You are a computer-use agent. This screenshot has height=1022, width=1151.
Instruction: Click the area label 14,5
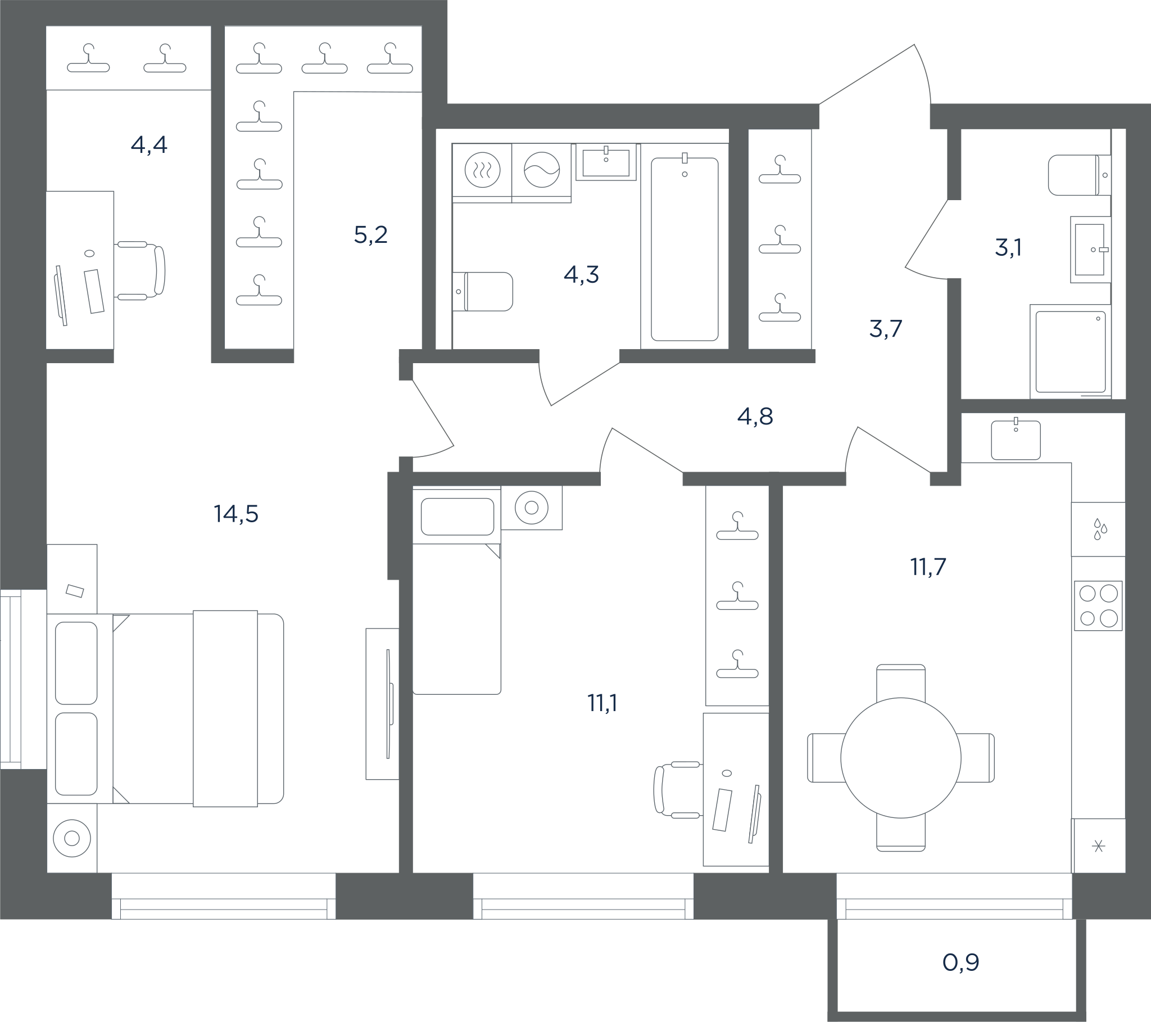236,514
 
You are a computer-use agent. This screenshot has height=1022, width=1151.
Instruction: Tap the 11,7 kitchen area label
928,567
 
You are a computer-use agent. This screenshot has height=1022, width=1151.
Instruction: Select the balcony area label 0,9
960,962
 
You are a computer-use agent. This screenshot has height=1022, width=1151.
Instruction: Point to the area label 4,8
755,417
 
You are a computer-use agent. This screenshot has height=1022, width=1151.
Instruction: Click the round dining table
901,758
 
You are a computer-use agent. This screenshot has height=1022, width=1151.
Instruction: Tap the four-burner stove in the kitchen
1098,605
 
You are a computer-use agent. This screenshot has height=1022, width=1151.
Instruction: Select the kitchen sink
1016,440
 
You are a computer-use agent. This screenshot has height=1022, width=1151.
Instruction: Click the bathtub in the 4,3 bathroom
685,249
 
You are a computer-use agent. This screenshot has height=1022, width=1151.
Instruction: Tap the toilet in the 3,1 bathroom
1079,175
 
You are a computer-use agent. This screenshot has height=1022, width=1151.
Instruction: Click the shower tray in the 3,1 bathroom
1071,351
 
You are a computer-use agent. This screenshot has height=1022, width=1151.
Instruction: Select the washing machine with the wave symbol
542,170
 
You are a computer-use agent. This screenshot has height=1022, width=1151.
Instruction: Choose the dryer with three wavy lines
483,170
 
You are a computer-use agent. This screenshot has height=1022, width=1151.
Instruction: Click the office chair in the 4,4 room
139,270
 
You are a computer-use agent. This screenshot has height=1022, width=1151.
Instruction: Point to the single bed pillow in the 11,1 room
457,516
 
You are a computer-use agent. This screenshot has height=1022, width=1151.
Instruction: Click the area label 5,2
370,234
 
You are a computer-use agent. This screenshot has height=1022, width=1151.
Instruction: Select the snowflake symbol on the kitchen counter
1098,846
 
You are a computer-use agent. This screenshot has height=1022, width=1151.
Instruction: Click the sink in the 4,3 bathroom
606,163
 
